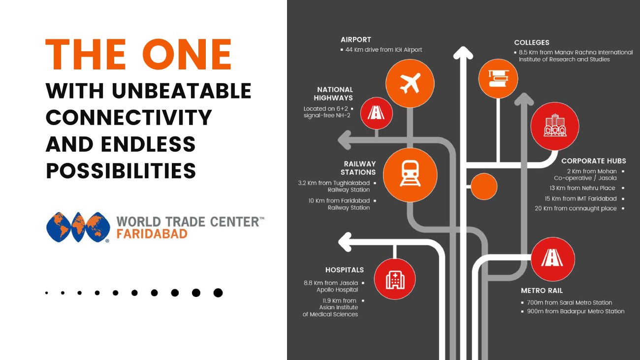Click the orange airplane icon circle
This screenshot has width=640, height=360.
coord(410,83)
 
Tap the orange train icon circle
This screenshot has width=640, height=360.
coord(410,175)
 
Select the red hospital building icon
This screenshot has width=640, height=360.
coord(395,279)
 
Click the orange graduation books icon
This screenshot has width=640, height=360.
coord(498,79)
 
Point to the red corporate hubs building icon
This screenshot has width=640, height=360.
coord(555,126)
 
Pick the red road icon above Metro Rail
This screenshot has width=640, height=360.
coord(553,259)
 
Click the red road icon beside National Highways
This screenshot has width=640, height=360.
coord(376,113)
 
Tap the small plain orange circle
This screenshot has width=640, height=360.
coord(484,186)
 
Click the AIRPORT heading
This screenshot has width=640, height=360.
coord(356,40)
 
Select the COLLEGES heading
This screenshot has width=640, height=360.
coord(532,42)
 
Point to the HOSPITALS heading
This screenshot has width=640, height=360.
coord(345,270)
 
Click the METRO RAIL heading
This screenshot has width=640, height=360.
coord(542,291)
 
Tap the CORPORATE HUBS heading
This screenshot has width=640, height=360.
coord(594,161)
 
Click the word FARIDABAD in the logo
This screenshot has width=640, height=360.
coord(152,234)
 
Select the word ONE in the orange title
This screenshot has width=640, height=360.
coord(187,54)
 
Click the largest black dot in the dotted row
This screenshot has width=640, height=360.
coord(218,293)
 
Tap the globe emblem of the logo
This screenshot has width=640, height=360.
coord(78,227)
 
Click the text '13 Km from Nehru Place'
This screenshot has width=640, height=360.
coord(582,188)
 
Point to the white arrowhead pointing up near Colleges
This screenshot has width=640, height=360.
coord(463,53)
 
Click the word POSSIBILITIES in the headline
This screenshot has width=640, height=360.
coord(121,171)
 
